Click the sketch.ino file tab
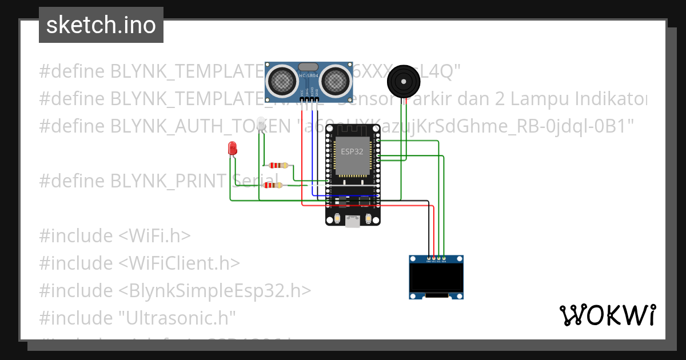(x=101, y=25)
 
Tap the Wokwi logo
(x=607, y=315)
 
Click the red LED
(x=233, y=149)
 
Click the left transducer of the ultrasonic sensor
(x=283, y=81)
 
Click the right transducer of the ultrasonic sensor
(x=334, y=81)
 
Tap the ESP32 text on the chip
(x=352, y=151)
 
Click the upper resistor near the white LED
(x=278, y=166)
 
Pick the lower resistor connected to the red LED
(x=273, y=185)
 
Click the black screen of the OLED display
(x=436, y=278)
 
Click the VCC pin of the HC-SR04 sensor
(x=301, y=97)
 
